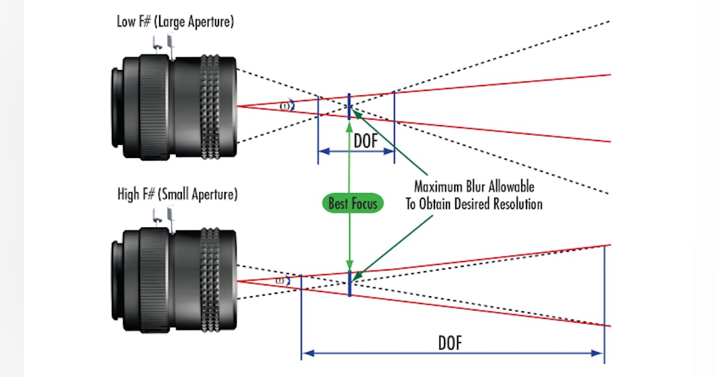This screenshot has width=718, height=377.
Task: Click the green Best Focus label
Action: point(353,203)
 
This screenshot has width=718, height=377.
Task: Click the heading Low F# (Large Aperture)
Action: point(176,23)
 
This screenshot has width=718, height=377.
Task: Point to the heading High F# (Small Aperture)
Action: point(177,194)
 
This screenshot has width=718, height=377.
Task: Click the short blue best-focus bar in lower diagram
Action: point(349,283)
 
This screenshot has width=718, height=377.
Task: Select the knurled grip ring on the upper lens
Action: point(211,108)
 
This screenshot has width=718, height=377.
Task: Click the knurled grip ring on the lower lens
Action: point(211,280)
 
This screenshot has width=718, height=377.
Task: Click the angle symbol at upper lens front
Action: point(287,106)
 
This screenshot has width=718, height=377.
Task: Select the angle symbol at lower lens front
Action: point(281,281)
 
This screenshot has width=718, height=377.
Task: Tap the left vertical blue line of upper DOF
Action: point(318,129)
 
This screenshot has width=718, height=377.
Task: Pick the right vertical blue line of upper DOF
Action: point(394,126)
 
